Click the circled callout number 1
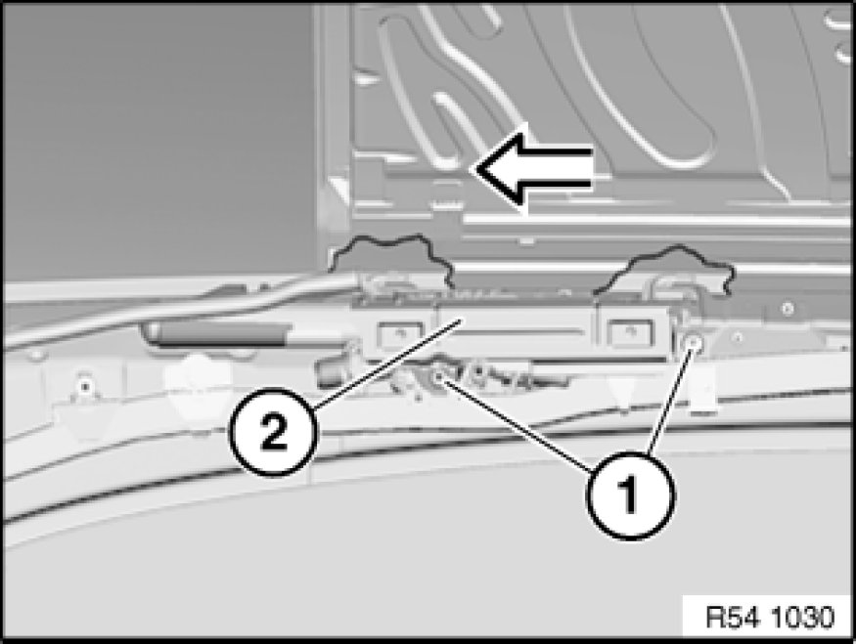[x=631, y=495]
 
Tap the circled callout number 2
[x=273, y=432]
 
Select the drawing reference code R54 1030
[x=770, y=617]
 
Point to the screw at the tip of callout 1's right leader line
[x=694, y=342]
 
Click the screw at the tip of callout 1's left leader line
[x=438, y=377]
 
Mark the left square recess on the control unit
[x=401, y=334]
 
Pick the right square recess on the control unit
[x=631, y=333]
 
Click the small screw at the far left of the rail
[x=84, y=387]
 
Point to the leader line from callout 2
[x=386, y=365]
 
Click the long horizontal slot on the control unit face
[x=515, y=331]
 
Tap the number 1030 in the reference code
[x=803, y=617]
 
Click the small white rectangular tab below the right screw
[x=703, y=388]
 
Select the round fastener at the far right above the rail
[x=787, y=309]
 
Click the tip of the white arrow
[x=473, y=170]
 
